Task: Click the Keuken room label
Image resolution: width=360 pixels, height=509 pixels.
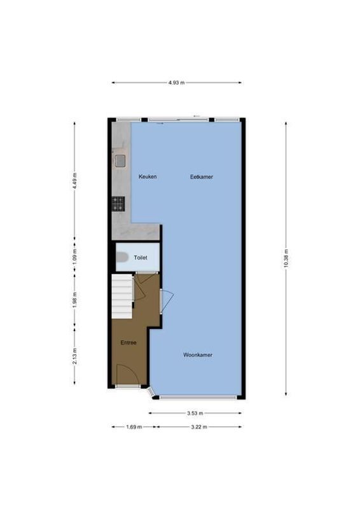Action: pyautogui.click(x=148, y=176)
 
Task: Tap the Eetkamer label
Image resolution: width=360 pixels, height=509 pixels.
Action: pyautogui.click(x=201, y=176)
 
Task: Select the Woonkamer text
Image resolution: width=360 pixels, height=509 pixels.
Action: pyautogui.click(x=197, y=354)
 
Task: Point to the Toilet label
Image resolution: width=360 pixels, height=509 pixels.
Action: pyautogui.click(x=141, y=257)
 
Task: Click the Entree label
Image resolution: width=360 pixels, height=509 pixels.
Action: pyautogui.click(x=128, y=343)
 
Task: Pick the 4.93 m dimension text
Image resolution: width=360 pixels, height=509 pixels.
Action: pyautogui.click(x=177, y=83)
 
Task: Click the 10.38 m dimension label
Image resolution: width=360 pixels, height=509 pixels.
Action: pyautogui.click(x=286, y=258)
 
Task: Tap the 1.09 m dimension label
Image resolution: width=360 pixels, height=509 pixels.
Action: pyautogui.click(x=74, y=256)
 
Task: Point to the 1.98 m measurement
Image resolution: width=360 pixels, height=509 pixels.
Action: pyautogui.click(x=74, y=299)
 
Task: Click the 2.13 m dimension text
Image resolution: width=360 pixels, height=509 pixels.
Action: pyautogui.click(x=74, y=355)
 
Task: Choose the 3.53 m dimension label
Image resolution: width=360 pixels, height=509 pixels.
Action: pyautogui.click(x=196, y=412)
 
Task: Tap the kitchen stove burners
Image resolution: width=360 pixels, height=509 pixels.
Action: pyautogui.click(x=118, y=204)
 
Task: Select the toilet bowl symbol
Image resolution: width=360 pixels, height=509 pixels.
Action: pyautogui.click(x=122, y=257)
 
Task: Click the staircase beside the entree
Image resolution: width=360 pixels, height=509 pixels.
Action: pyautogui.click(x=122, y=297)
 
